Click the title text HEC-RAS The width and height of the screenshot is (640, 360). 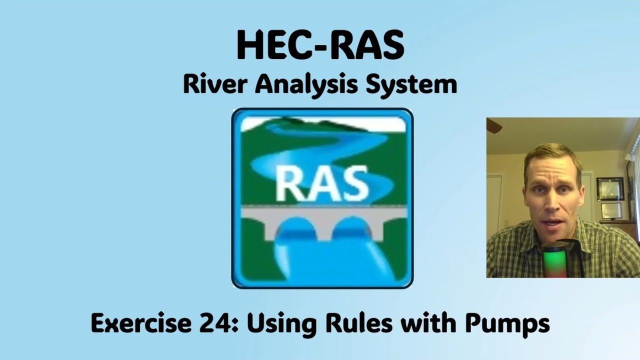point(320,45)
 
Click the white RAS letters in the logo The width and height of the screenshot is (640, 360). point(322,183)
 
